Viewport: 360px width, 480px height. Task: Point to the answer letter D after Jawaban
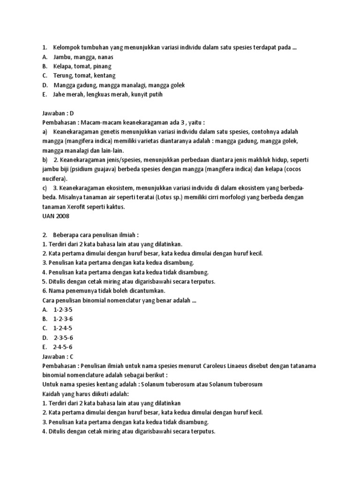tap(72, 113)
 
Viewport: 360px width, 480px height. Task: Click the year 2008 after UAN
tap(64, 216)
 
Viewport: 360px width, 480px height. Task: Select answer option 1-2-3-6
tap(63, 319)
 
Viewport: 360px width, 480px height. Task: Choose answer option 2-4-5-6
tap(63, 347)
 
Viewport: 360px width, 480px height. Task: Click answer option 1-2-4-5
tap(63, 329)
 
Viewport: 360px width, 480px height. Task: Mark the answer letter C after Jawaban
tap(72, 357)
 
